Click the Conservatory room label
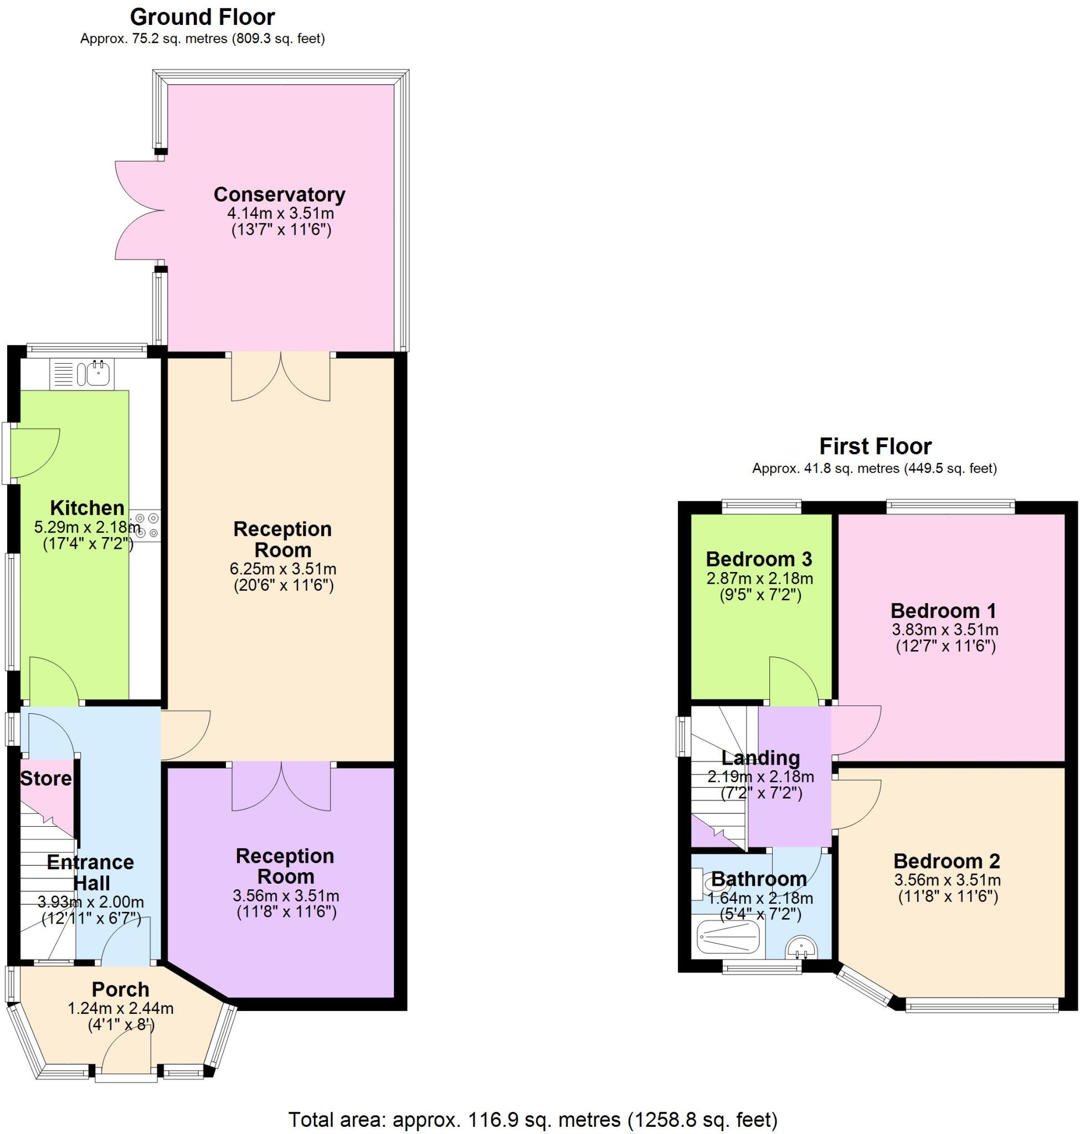[279, 194]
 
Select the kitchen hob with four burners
[147, 525]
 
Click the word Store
[46, 779]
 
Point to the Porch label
[120, 989]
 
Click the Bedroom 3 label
[759, 559]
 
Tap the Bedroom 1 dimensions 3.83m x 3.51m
[945, 630]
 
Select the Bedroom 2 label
[947, 861]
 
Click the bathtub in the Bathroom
[728, 936]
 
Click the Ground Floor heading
[203, 17]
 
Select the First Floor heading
[875, 446]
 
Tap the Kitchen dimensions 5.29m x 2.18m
[88, 527]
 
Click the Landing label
[760, 758]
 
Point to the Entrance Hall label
[90, 873]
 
